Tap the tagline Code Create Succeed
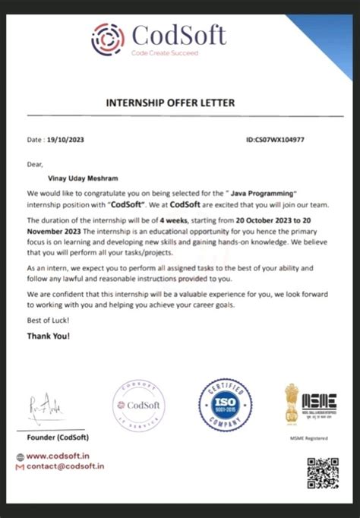164,52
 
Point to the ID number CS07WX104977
276,140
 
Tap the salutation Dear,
35,163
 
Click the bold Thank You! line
49,336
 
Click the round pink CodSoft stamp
138,406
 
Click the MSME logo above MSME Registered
311,403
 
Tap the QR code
322,473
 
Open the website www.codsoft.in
64,456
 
